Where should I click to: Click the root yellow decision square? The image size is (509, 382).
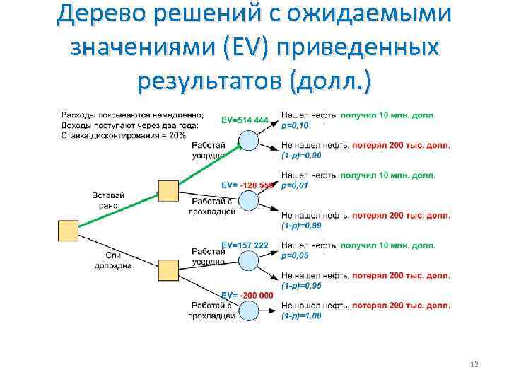(x=68, y=231)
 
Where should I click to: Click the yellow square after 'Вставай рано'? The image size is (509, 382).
(x=168, y=191)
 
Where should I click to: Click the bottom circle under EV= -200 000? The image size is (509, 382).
(x=248, y=310)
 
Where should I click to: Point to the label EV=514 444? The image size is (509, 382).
(x=245, y=120)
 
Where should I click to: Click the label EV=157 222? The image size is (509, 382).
(x=245, y=245)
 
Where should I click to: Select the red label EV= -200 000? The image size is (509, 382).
(x=247, y=295)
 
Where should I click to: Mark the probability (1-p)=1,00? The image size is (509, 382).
(x=301, y=316)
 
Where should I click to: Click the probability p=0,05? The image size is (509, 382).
(x=295, y=255)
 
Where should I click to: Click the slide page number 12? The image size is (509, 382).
(x=474, y=364)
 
